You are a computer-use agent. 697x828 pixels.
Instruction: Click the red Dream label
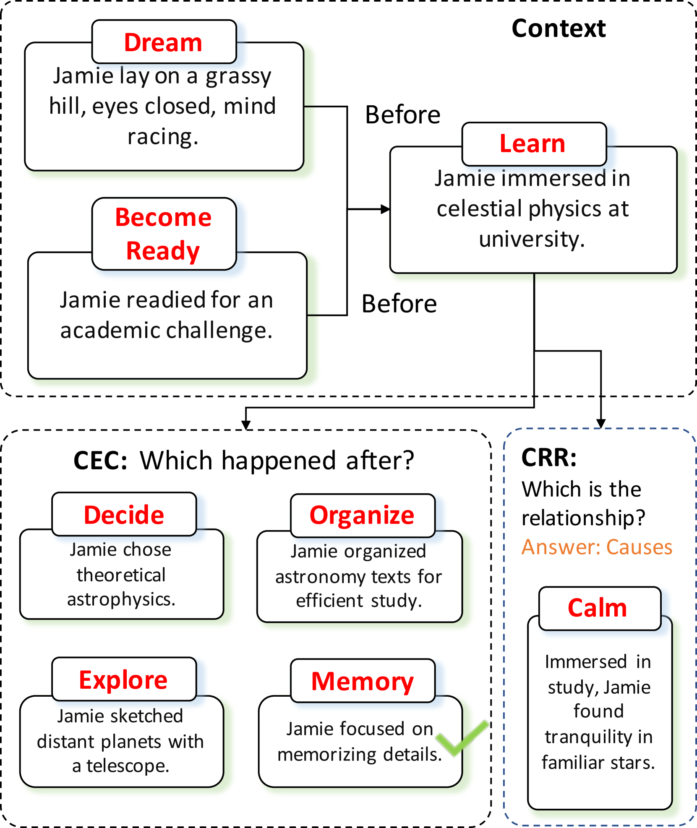pos(163,43)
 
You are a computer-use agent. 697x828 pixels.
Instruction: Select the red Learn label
pos(532,144)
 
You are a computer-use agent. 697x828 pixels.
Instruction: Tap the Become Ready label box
pos(164,234)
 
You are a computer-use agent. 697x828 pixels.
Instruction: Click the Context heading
pos(558,29)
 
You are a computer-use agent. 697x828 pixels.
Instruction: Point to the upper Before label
pos(402,115)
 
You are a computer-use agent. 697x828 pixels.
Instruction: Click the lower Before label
pos(399,304)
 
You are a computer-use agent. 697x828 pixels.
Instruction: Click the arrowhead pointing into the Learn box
pos(385,209)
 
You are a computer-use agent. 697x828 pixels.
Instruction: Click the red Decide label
pos(124,515)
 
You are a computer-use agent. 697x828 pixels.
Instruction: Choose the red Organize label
pos(362,516)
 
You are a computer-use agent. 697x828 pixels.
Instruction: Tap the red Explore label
pos(123,680)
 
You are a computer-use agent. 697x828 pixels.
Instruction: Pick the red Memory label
pos(362,682)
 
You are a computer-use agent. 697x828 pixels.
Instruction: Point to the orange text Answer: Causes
pos(597,547)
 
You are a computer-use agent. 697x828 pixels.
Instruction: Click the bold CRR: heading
pos(548,458)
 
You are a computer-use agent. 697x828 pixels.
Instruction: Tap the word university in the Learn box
pos(531,240)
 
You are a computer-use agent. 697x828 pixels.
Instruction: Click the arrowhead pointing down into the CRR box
pos(600,424)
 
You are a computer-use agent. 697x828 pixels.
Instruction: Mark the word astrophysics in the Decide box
pos(121,599)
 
